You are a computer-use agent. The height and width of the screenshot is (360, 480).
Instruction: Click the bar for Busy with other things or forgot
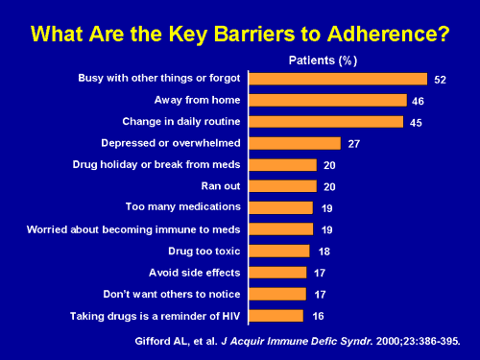tap(339, 79)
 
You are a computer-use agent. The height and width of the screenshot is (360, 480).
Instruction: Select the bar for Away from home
tap(328, 100)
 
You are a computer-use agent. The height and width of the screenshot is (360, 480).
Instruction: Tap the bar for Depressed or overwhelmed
tap(296, 143)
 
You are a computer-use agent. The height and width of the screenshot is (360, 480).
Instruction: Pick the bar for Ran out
tap(283, 186)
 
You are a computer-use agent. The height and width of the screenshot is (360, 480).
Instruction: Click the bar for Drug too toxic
tap(280, 251)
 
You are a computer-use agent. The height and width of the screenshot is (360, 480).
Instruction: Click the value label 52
tap(441, 80)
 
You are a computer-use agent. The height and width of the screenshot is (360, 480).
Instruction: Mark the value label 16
tap(318, 317)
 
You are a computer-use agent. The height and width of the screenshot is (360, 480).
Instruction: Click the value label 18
tap(324, 252)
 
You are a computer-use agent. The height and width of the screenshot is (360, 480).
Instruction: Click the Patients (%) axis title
tap(324, 59)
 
